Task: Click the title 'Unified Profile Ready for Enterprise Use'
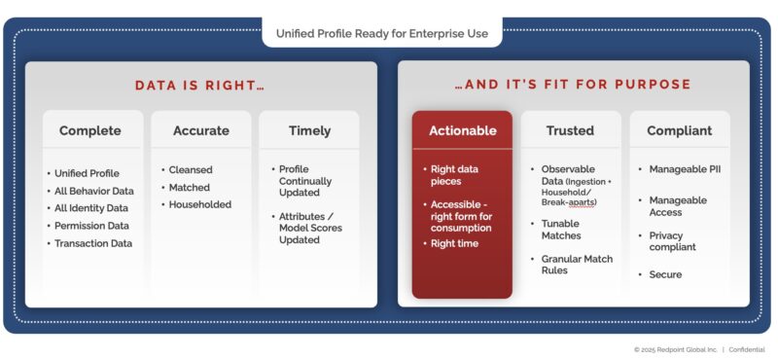point(381,32)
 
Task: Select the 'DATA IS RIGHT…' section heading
point(199,85)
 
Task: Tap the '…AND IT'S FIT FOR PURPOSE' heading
point(573,85)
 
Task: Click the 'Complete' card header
point(90,130)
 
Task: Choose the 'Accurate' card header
point(200,130)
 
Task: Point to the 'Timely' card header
point(309,130)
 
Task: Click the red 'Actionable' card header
point(462,130)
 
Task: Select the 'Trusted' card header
point(571,130)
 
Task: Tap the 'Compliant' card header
point(680,130)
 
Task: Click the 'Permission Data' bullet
point(93,226)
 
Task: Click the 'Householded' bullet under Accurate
point(200,204)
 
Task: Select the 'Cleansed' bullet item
point(191,169)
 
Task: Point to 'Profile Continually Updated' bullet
point(304,181)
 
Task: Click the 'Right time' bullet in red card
point(455,243)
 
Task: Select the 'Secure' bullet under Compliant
point(665,274)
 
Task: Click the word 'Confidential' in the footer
point(747,349)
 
